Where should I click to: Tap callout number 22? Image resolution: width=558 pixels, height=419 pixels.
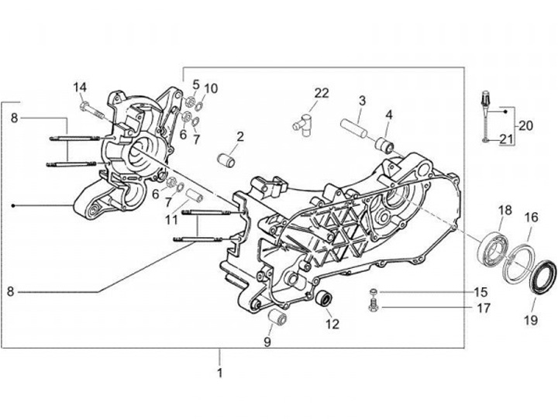click(321, 93)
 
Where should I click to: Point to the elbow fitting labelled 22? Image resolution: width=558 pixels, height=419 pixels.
click(301, 122)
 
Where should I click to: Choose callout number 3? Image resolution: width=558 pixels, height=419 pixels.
click(362, 101)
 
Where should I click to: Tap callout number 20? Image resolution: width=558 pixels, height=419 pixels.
click(526, 125)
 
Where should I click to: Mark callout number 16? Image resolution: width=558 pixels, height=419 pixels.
click(531, 218)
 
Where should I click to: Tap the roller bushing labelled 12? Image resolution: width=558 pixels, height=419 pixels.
click(328, 297)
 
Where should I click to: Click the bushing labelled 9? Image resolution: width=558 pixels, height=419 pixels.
click(277, 318)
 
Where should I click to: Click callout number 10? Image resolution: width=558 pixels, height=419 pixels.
click(211, 88)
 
